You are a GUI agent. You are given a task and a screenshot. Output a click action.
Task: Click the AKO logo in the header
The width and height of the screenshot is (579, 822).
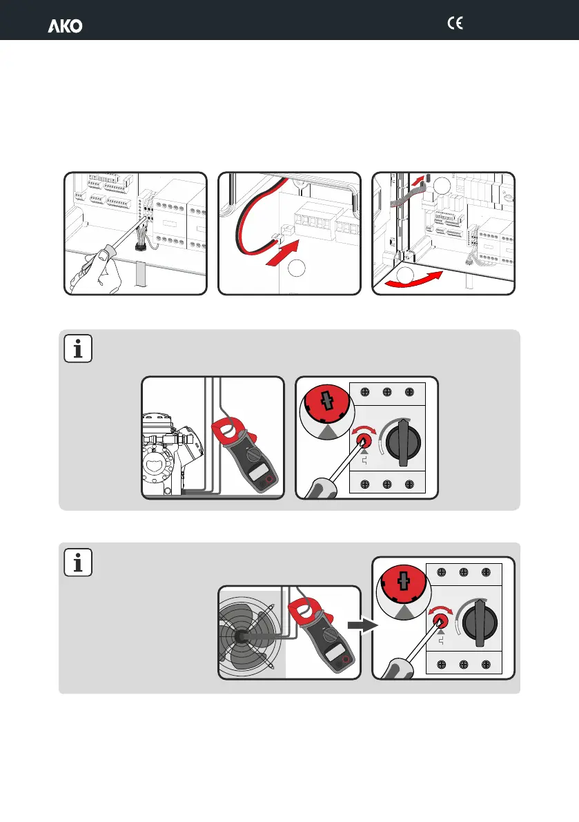pos(65,26)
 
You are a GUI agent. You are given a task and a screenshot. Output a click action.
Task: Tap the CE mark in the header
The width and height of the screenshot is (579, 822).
pos(454,23)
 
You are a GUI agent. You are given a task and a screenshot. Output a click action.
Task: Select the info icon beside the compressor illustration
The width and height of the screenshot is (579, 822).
pos(78,349)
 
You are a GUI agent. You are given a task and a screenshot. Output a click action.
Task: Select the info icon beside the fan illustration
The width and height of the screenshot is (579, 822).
pos(78,562)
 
